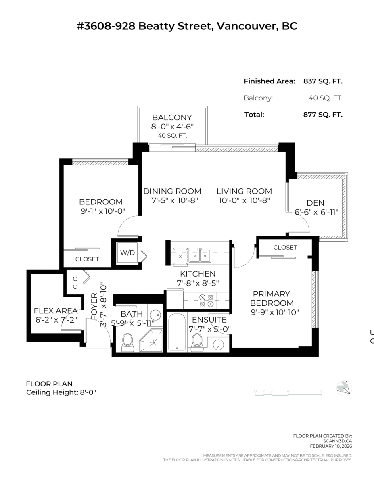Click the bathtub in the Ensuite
point(176,333)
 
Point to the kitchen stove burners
point(207,300)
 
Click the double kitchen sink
point(200,255)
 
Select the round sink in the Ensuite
point(218,346)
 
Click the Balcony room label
point(171,118)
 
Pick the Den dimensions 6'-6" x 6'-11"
point(315,212)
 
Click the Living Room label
point(244,191)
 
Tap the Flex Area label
point(56,311)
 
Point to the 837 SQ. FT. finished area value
point(323,81)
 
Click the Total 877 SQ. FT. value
point(323,114)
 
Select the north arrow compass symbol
point(344,388)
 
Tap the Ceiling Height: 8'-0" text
point(61,392)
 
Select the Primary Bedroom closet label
point(285,247)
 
